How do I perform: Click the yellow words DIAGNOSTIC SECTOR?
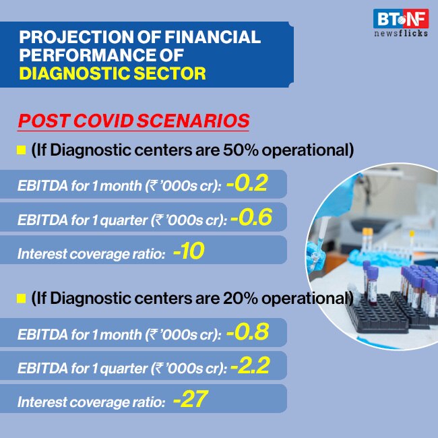(x=113, y=73)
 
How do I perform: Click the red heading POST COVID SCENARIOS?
(x=133, y=121)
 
